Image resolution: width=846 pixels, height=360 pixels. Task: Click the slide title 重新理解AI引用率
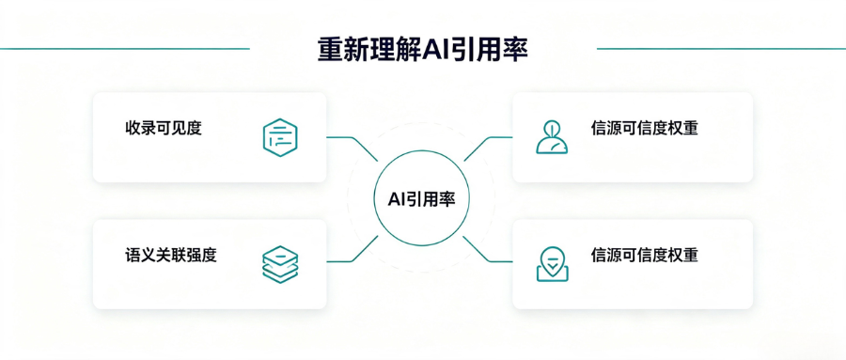pyautogui.click(x=422, y=50)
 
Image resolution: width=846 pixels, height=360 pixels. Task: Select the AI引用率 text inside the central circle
pyautogui.click(x=422, y=199)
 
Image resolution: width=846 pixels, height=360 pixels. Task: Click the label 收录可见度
pyautogui.click(x=163, y=128)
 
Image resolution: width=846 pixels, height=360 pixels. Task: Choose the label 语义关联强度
pyautogui.click(x=171, y=255)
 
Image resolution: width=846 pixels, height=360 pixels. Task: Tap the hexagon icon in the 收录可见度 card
pyautogui.click(x=280, y=137)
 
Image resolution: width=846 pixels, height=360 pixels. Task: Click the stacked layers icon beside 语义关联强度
pyautogui.click(x=280, y=264)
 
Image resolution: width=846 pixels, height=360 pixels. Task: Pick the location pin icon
pyautogui.click(x=553, y=264)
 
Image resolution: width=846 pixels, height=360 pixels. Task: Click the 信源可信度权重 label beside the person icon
pyautogui.click(x=644, y=128)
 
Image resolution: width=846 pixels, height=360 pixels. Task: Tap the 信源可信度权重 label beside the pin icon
pyautogui.click(x=644, y=255)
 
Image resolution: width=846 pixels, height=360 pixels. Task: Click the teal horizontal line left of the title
pyautogui.click(x=125, y=49)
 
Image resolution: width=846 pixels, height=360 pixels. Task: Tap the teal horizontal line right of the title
pyautogui.click(x=721, y=49)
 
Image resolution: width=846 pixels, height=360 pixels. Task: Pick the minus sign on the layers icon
pyautogui.click(x=280, y=253)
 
